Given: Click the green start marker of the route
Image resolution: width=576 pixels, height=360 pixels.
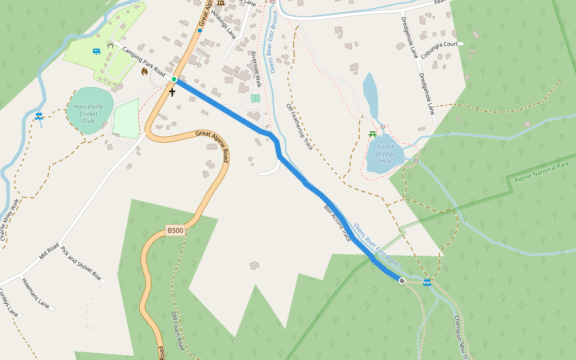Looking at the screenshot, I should pos(174,79).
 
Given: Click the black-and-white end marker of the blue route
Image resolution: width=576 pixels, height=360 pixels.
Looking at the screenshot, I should pos(401,281).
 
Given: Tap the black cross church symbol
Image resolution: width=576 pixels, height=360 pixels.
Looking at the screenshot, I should pos(172,92).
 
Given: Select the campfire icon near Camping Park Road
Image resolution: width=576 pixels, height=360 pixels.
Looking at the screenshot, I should pos(144,71).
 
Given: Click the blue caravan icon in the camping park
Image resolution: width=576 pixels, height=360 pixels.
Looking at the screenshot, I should pos(97,52).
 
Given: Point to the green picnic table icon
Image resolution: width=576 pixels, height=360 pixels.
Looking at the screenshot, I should pos(373,134).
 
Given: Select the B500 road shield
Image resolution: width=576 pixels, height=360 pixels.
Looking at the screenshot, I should pos(175,230).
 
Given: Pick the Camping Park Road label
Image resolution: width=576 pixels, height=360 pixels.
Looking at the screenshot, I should pos(144,61).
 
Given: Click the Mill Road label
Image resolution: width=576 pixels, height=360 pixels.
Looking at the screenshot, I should pos(49,251).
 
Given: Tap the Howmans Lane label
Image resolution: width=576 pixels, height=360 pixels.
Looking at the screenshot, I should pos(35,293).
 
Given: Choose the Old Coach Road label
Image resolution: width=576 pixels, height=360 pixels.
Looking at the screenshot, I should pos(178,331).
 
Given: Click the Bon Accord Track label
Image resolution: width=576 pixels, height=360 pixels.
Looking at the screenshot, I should pos(337,224).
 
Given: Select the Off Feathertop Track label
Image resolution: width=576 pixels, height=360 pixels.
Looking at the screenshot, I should pos(299,126).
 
